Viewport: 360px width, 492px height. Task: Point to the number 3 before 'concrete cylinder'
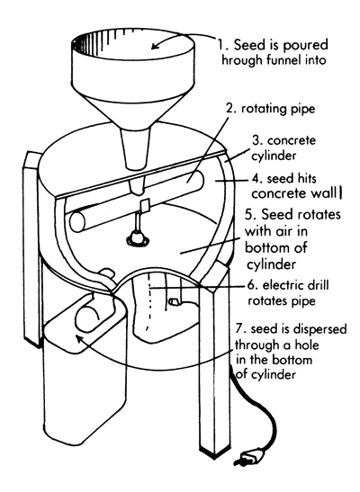[255, 142]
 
